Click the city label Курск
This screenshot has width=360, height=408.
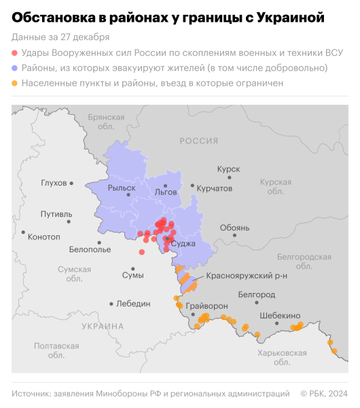pos(228,168)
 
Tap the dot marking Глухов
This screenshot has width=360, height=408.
pos(71,183)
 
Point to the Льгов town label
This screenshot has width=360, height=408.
pos(166,192)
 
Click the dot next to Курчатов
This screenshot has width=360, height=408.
pos(193,186)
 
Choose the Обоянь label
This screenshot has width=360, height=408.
pos(235,228)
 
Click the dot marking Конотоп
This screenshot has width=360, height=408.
pos(24,233)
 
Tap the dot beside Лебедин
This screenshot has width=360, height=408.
pos(111,304)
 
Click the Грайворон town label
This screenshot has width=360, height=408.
pos(206,306)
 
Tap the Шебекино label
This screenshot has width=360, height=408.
pos(280,316)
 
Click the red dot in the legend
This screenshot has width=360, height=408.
pos(15,53)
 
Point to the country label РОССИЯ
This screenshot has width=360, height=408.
pos(199,141)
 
